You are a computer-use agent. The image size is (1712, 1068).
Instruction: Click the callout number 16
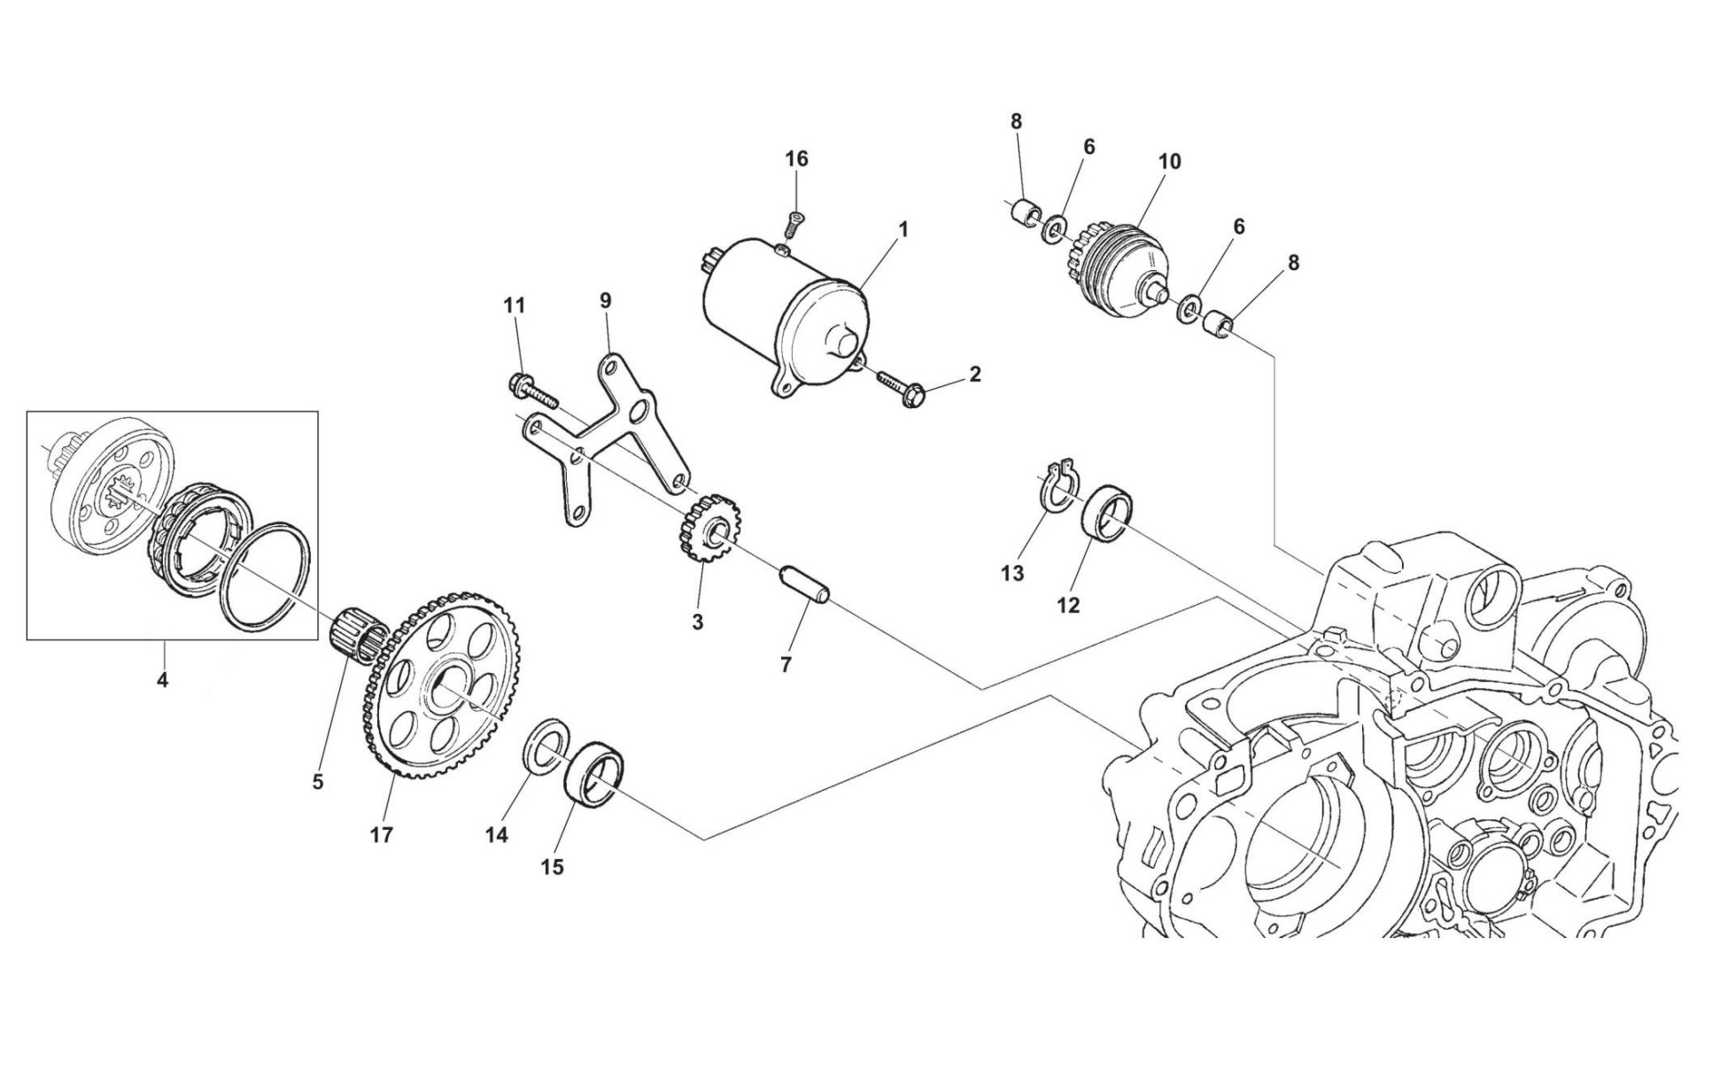pyautogui.click(x=796, y=159)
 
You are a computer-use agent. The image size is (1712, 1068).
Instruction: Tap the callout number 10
pyautogui.click(x=1169, y=162)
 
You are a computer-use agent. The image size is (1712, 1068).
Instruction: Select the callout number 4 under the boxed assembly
pyautogui.click(x=162, y=680)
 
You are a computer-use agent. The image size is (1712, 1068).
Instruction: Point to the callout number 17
pyautogui.click(x=381, y=835)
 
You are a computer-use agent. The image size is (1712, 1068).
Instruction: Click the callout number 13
pyautogui.click(x=1012, y=573)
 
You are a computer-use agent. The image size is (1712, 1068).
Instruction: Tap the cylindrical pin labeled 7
pyautogui.click(x=804, y=586)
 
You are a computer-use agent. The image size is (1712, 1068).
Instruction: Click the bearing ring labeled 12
pyautogui.click(x=1108, y=514)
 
